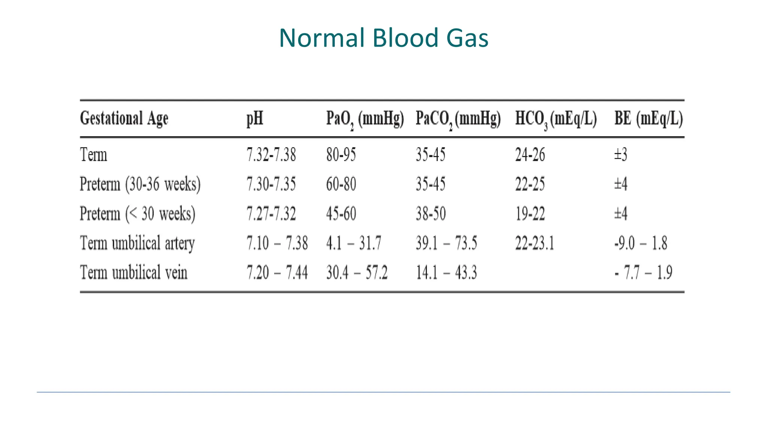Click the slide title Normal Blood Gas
(x=383, y=38)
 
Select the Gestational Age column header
(x=124, y=119)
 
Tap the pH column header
(x=255, y=119)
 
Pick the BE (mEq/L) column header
(x=649, y=119)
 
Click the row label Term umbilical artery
(x=137, y=243)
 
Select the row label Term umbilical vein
(x=133, y=272)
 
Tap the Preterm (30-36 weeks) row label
(x=140, y=184)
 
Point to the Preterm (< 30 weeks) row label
(x=137, y=214)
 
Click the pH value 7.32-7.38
(x=271, y=155)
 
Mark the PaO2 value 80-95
(x=341, y=155)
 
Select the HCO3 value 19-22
(x=530, y=214)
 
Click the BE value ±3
(x=621, y=155)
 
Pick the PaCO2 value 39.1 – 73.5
(x=446, y=243)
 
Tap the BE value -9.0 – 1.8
(x=641, y=243)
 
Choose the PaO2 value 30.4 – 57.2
(x=357, y=272)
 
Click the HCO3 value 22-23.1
(x=534, y=243)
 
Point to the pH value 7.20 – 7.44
(x=277, y=272)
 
